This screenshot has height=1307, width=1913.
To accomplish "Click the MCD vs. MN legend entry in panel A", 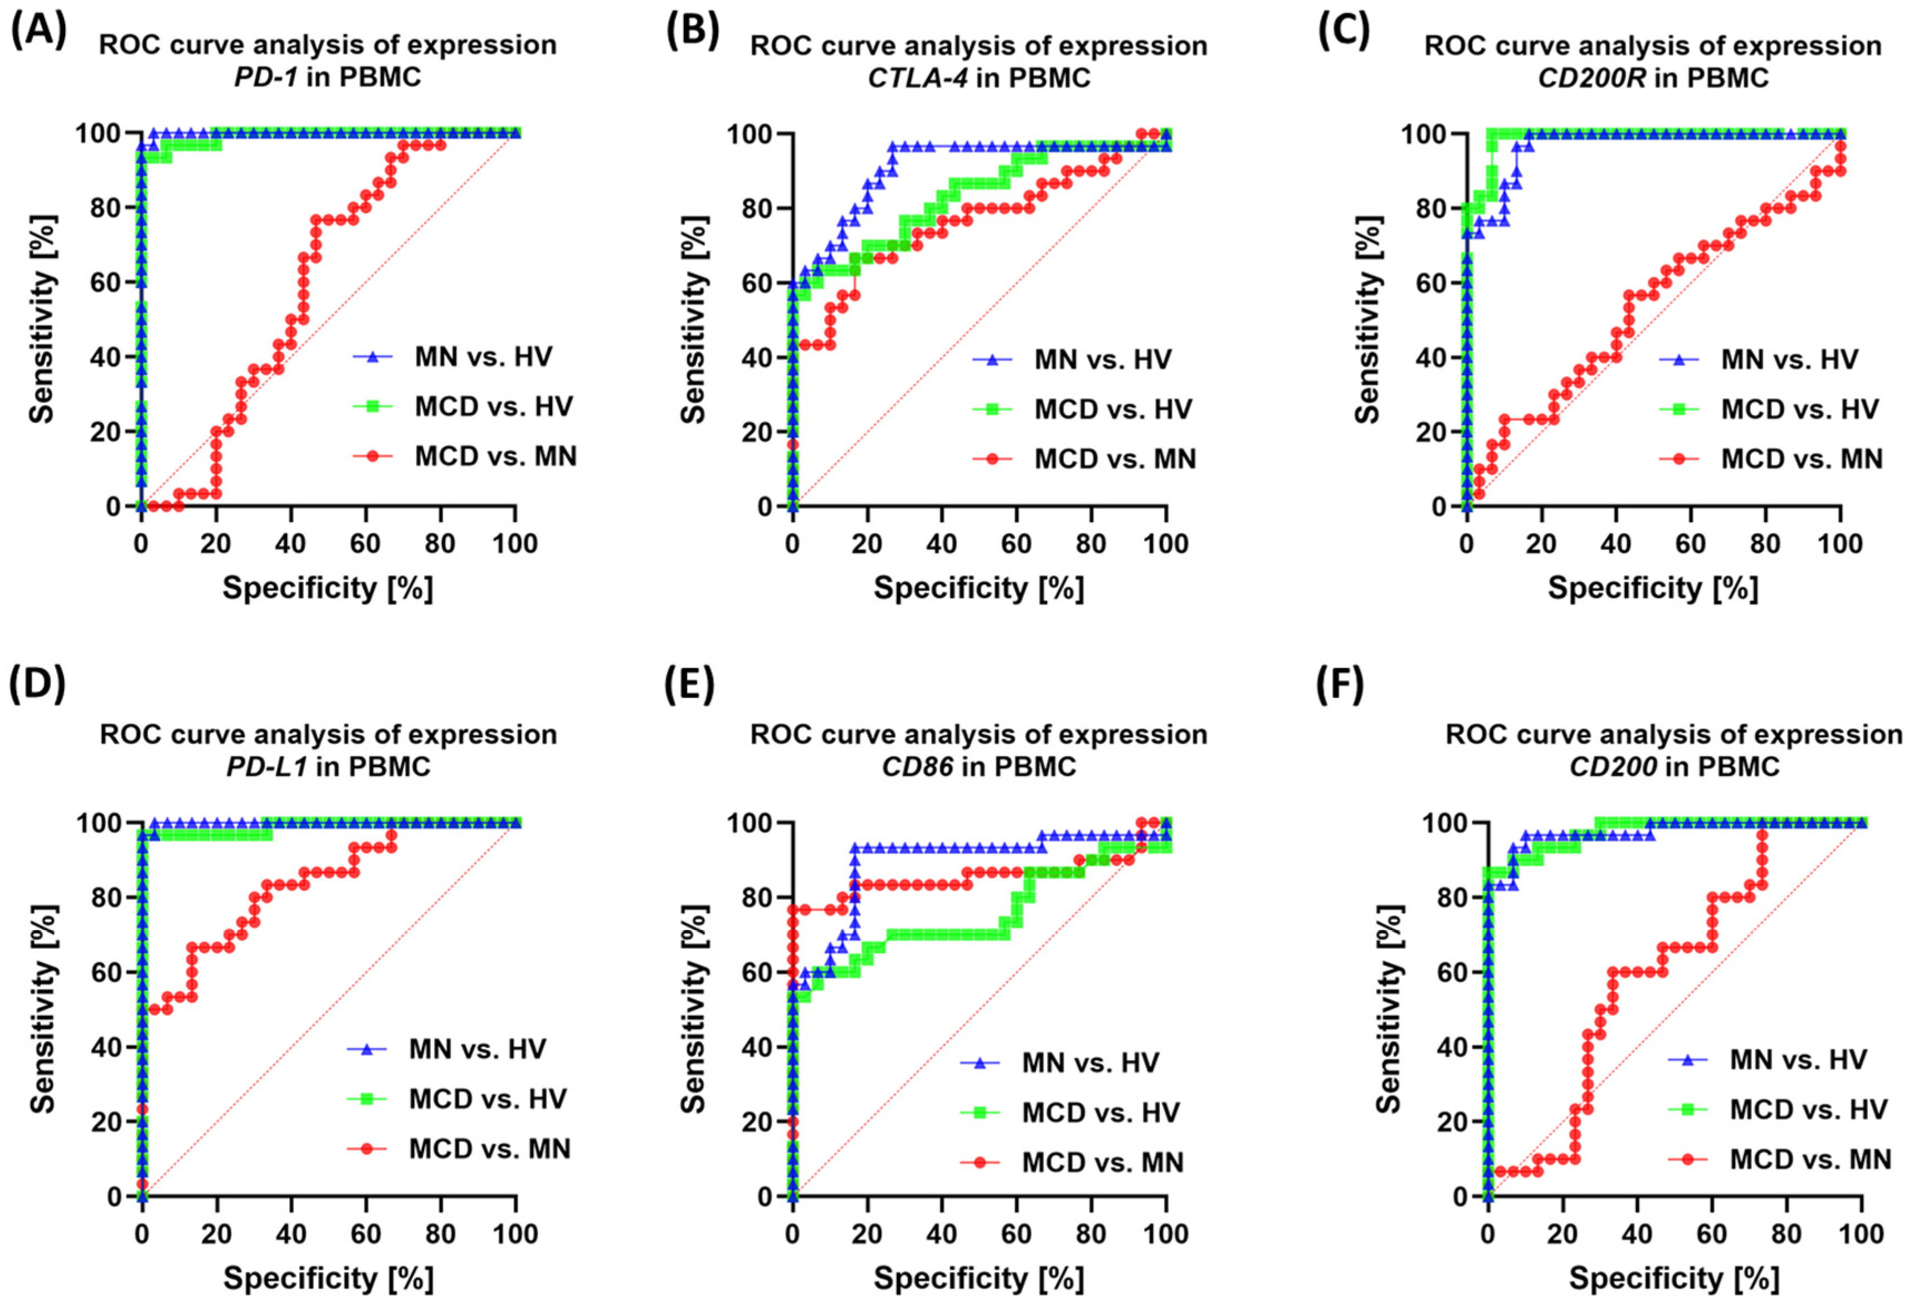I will tap(495, 456).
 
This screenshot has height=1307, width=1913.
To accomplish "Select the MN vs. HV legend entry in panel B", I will tap(1102, 360).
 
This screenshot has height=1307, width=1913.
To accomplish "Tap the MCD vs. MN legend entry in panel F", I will tap(1809, 1160).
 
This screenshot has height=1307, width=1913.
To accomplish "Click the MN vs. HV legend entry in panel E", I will tap(1090, 1062).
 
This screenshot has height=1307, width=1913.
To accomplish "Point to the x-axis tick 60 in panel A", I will tap(366, 544).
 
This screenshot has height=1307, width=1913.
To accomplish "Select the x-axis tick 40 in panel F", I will tap(1637, 1234).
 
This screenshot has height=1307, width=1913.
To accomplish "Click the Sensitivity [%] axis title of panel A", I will tap(42, 319).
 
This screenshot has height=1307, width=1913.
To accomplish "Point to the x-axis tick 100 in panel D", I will tap(515, 1234).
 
